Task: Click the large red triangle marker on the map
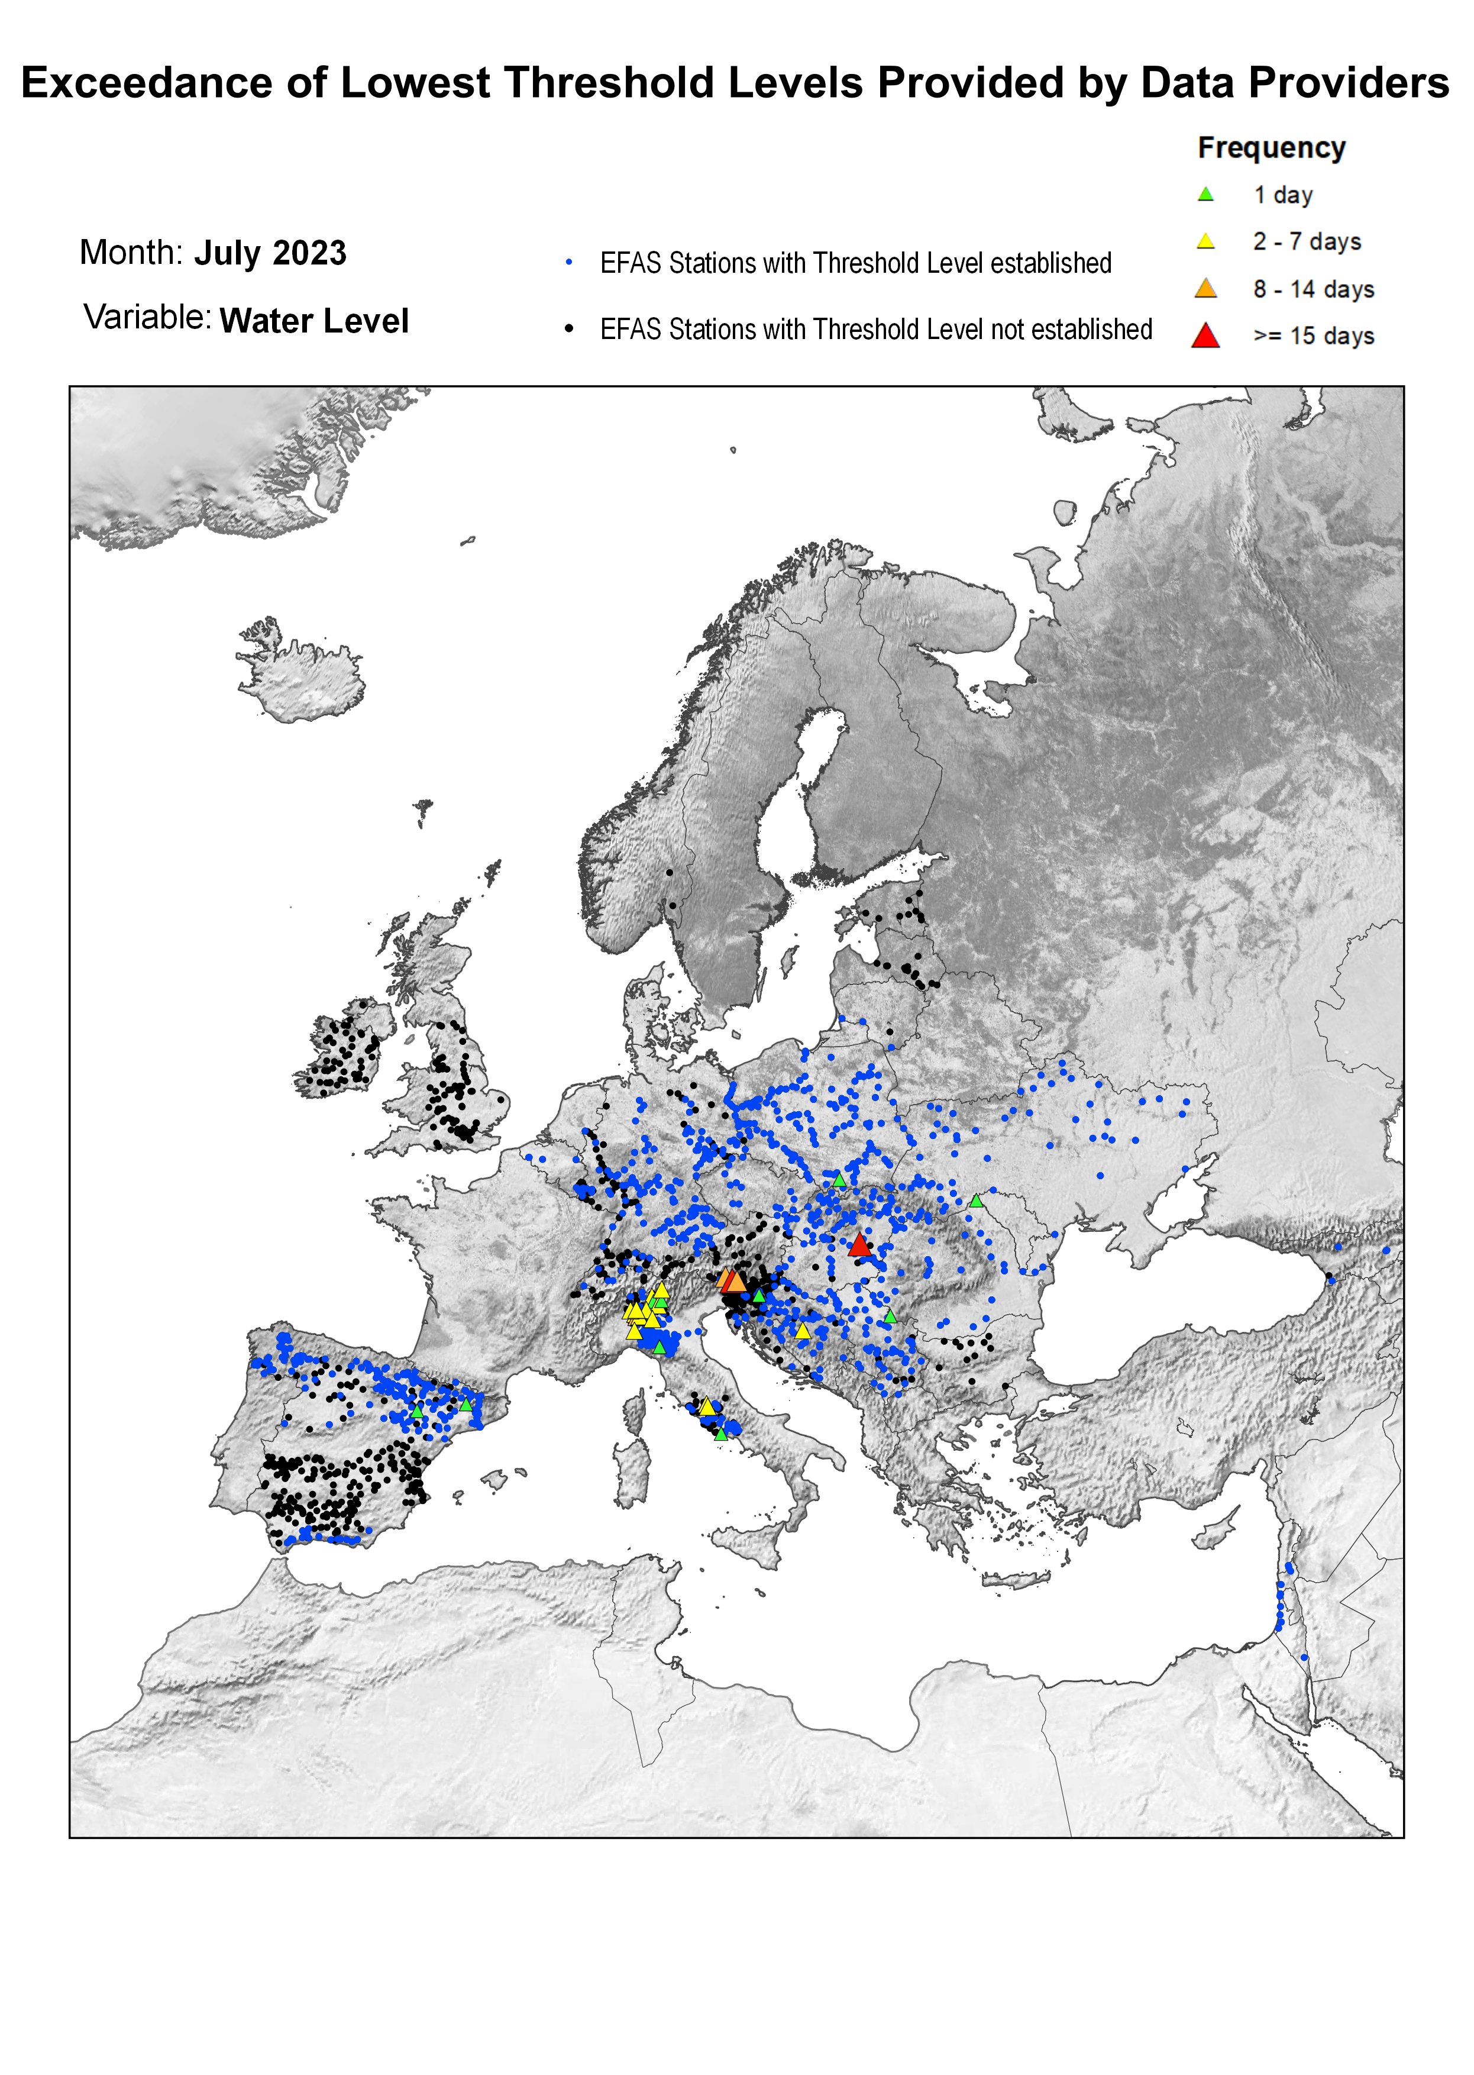coord(859,1244)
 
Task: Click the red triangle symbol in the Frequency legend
coord(1205,336)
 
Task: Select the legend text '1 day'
coord(1282,195)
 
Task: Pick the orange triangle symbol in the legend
coord(1205,289)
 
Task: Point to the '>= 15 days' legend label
coord(1313,336)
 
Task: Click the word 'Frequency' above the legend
coord(1271,148)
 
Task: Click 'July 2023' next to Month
coord(270,253)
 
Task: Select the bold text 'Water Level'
coord(314,321)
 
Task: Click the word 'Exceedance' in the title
coord(146,83)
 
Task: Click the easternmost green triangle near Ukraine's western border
coord(976,1201)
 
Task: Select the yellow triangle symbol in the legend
coord(1205,241)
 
